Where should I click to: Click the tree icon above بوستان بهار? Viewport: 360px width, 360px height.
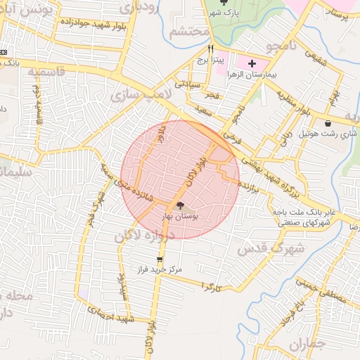pyautogui.click(x=181, y=206)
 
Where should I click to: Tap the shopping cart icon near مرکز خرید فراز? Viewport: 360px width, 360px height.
pyautogui.click(x=161, y=259)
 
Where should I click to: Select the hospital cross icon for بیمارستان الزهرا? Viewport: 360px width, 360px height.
pyautogui.click(x=252, y=63)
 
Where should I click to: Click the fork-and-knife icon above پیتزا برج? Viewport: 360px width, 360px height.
pyautogui.click(x=210, y=49)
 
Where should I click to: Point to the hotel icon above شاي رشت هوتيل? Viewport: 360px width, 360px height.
pyautogui.click(x=328, y=123)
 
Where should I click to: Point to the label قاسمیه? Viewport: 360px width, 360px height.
pyautogui.click(x=45, y=72)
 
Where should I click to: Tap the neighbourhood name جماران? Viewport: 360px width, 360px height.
pyautogui.click(x=308, y=345)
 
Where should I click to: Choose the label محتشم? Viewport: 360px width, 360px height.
pyautogui.click(x=191, y=32)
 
